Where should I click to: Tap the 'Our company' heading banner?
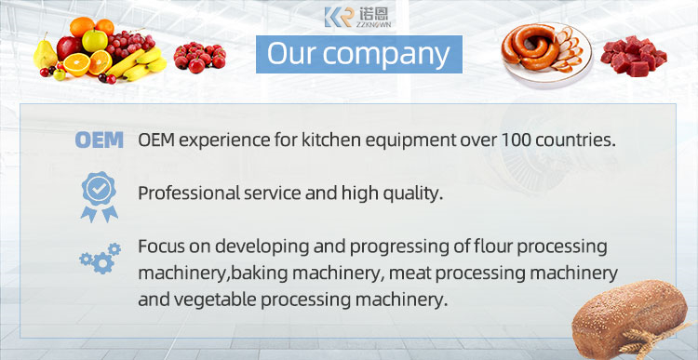pyautogui.click(x=358, y=53)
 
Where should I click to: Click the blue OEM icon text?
pyautogui.click(x=99, y=140)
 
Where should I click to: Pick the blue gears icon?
pyautogui.click(x=100, y=257)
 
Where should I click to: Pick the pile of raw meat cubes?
pyautogui.click(x=633, y=56)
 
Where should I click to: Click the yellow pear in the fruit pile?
pyautogui.click(x=47, y=56)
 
